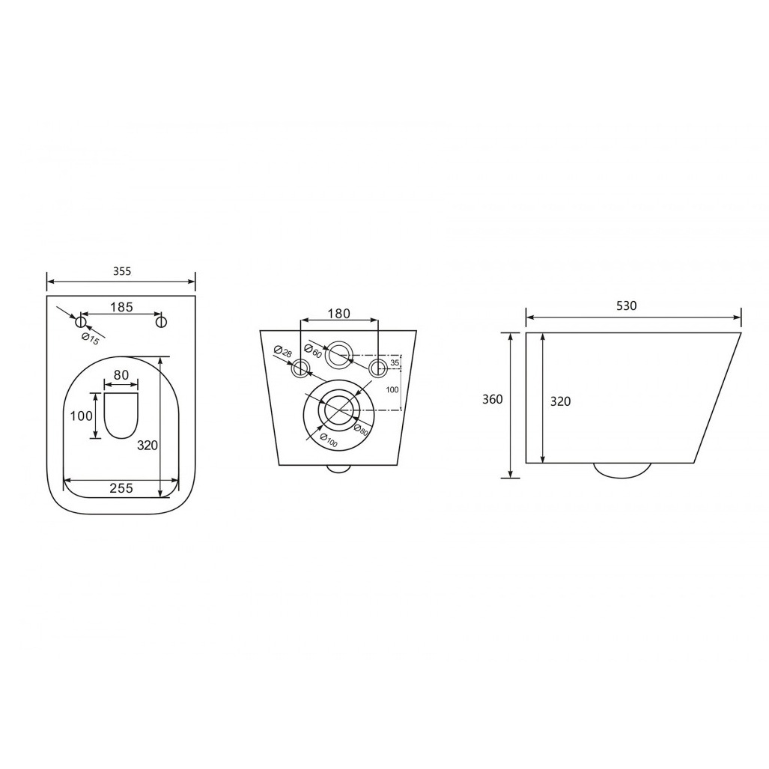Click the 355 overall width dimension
pos(121,272)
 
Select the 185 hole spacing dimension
pos(121,306)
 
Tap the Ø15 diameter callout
pos(91,338)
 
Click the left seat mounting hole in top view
pos(81,322)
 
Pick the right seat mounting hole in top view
pos(161,322)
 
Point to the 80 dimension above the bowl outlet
pos(121,374)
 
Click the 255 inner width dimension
pos(121,488)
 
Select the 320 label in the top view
pos(148,446)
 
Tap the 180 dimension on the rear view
pos(339,313)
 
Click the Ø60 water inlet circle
pos(339,353)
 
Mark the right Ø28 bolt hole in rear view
pos(379,367)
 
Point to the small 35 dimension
pos(395,363)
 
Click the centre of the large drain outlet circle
pos(339,410)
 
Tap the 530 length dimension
pos(626,306)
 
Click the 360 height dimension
pos(492,399)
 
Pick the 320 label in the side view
pos(560,401)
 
